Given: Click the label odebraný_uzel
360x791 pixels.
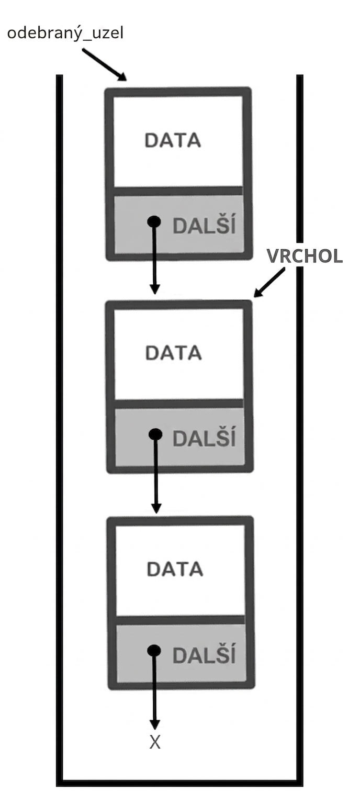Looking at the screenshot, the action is (x=65, y=34).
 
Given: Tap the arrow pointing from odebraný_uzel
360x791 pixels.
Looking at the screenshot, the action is (x=104, y=64).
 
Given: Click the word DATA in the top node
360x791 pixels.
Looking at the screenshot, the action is (x=173, y=140).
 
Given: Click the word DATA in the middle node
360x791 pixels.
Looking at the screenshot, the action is (x=174, y=353).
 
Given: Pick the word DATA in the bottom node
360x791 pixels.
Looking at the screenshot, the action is (x=175, y=569).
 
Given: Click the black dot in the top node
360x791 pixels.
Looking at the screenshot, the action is (x=154, y=221).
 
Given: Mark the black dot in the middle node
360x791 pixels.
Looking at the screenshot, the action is (x=155, y=434).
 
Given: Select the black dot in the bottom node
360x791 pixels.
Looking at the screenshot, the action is (x=154, y=650).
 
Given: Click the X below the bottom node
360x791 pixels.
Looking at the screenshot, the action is (x=155, y=742).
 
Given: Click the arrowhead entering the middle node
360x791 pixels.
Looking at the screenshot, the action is (x=154, y=288).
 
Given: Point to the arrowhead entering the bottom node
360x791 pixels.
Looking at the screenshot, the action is (x=156, y=507).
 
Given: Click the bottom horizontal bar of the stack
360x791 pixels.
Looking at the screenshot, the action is (x=179, y=784).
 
